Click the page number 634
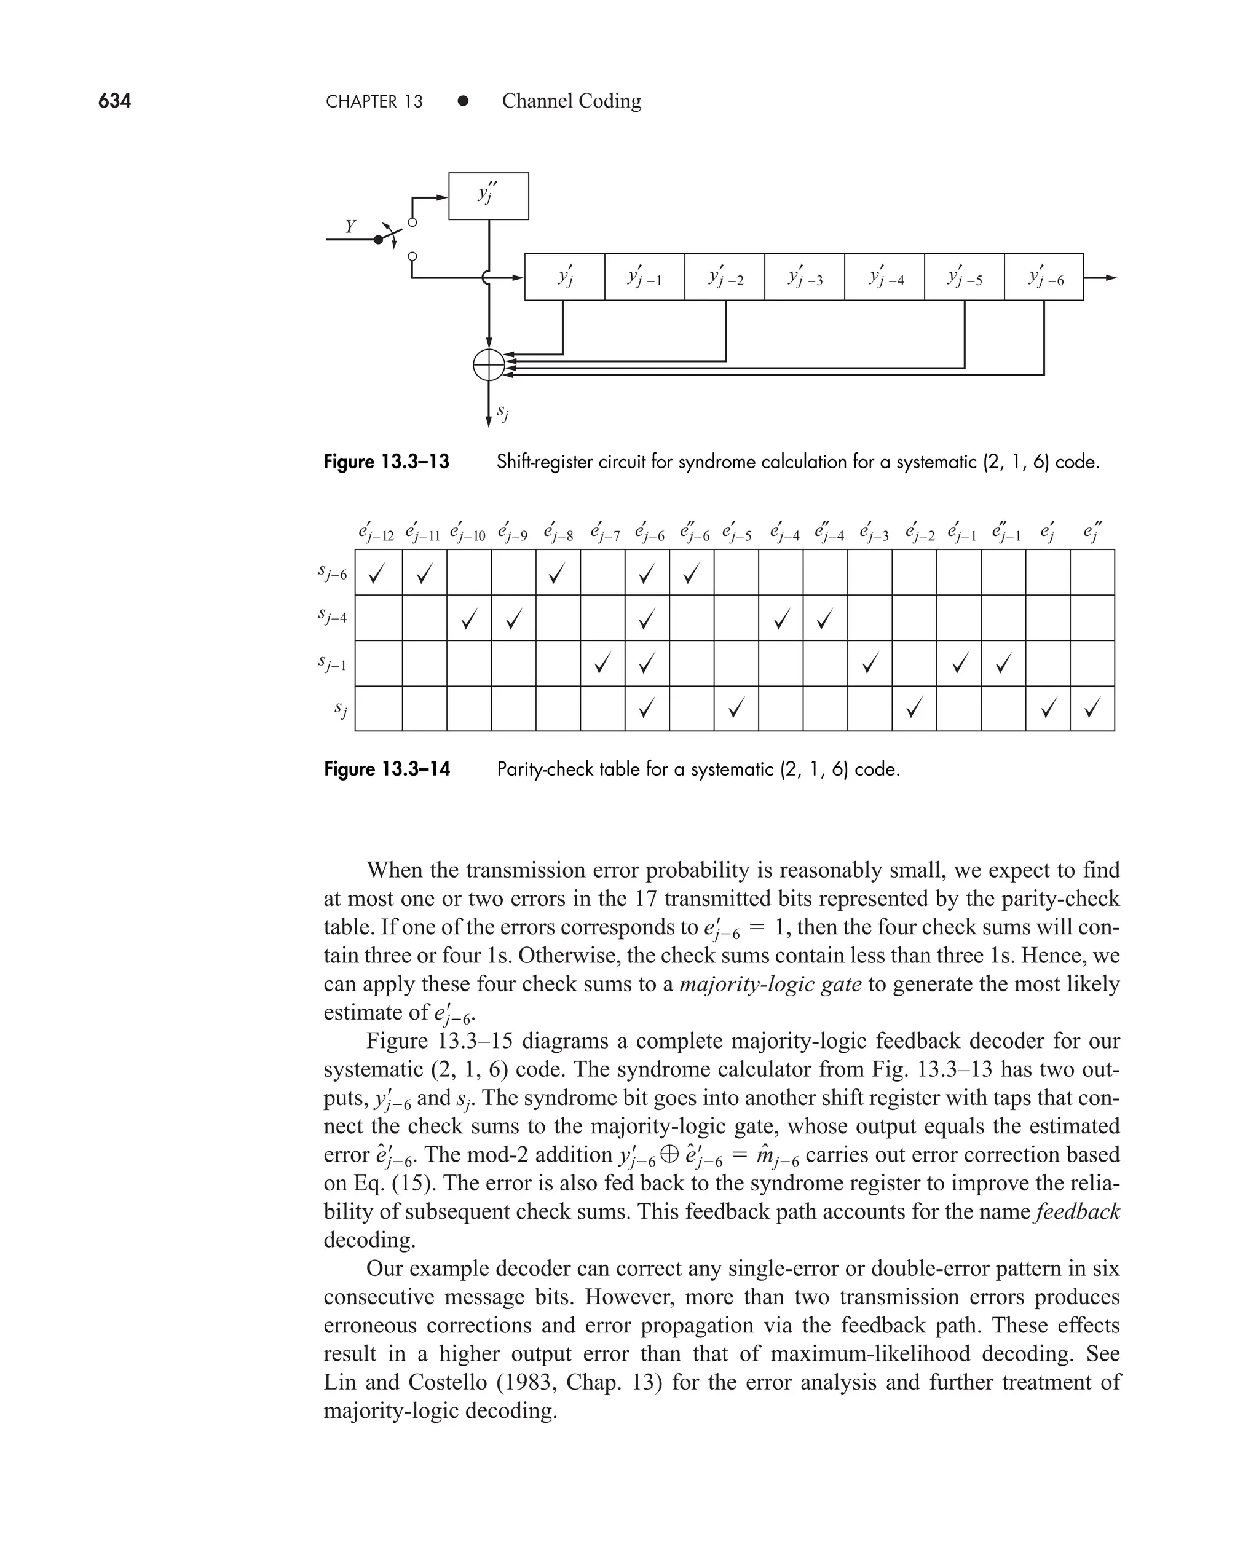click(114, 101)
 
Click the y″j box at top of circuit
click(488, 195)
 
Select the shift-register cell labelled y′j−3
click(803, 277)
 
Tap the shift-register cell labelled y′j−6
click(1044, 277)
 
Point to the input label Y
click(350, 227)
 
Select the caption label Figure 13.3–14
click(387, 769)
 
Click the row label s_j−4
click(333, 617)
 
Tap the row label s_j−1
click(333, 663)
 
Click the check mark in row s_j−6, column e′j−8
click(556, 575)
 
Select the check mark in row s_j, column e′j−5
click(736, 707)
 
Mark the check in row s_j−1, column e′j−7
click(601, 663)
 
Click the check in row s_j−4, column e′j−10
click(469, 618)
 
